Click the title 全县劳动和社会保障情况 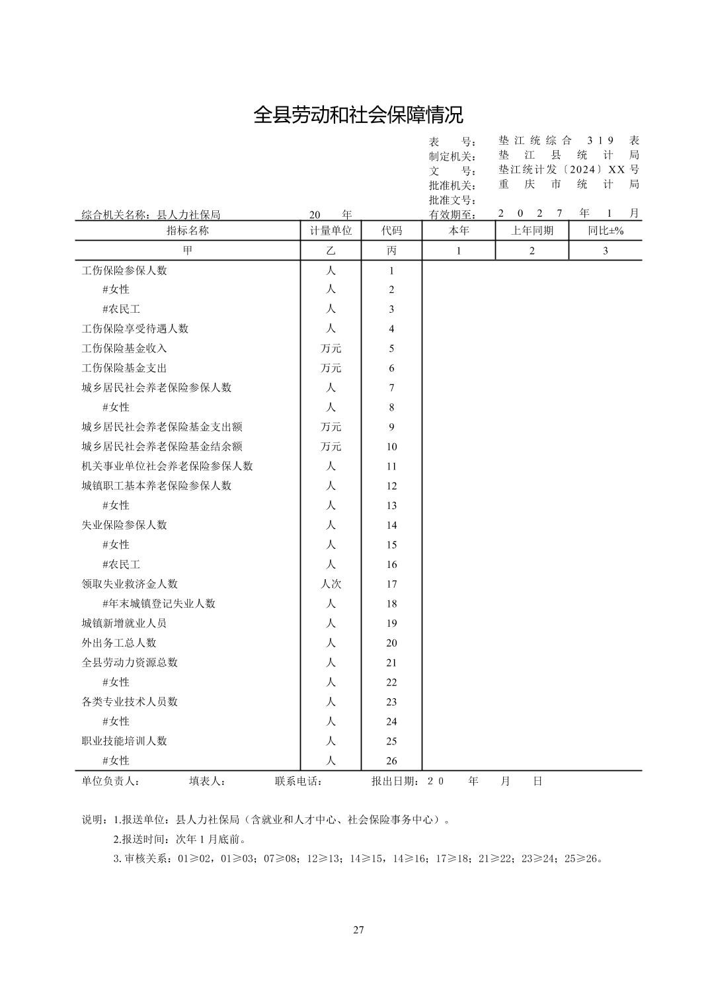[x=358, y=114]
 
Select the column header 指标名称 [x=187, y=231]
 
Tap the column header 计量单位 [x=331, y=231]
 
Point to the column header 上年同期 [x=532, y=231]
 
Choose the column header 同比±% [x=605, y=231]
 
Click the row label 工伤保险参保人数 [x=124, y=270]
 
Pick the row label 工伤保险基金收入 [x=124, y=348]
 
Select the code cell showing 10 [x=391, y=447]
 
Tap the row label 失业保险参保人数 [x=124, y=525]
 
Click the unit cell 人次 [x=331, y=584]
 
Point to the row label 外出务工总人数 [x=119, y=643]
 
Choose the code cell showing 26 [x=391, y=761]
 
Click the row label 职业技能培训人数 [x=124, y=741]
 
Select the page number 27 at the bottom [x=358, y=930]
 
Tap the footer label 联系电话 [x=298, y=781]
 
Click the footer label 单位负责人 [x=110, y=781]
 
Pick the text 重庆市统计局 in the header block [x=569, y=184]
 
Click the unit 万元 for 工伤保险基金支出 [x=331, y=368]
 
